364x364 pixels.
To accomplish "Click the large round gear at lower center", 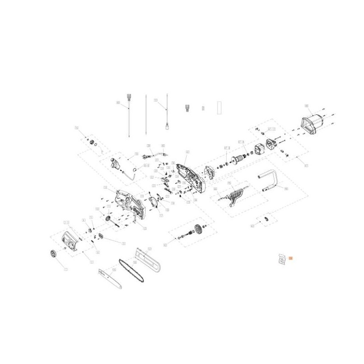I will (x=197, y=229).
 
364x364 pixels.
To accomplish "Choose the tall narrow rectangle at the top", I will (x=219, y=106).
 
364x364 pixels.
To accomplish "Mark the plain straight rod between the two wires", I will (x=146, y=114).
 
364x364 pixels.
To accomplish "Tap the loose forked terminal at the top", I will (x=187, y=108).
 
